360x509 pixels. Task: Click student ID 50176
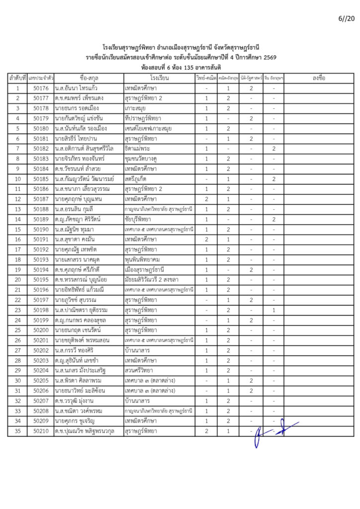[x=41, y=88]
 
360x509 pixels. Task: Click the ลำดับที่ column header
[x=17, y=79]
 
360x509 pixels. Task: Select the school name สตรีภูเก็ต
[x=136, y=179]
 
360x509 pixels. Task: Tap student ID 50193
[x=41, y=259]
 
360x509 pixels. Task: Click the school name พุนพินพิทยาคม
[x=144, y=259]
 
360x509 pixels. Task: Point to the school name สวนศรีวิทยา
[x=139, y=370]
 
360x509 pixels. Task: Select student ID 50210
[x=41, y=431]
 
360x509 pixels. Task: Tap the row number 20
[x=17, y=279]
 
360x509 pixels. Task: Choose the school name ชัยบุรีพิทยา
[x=139, y=219]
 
